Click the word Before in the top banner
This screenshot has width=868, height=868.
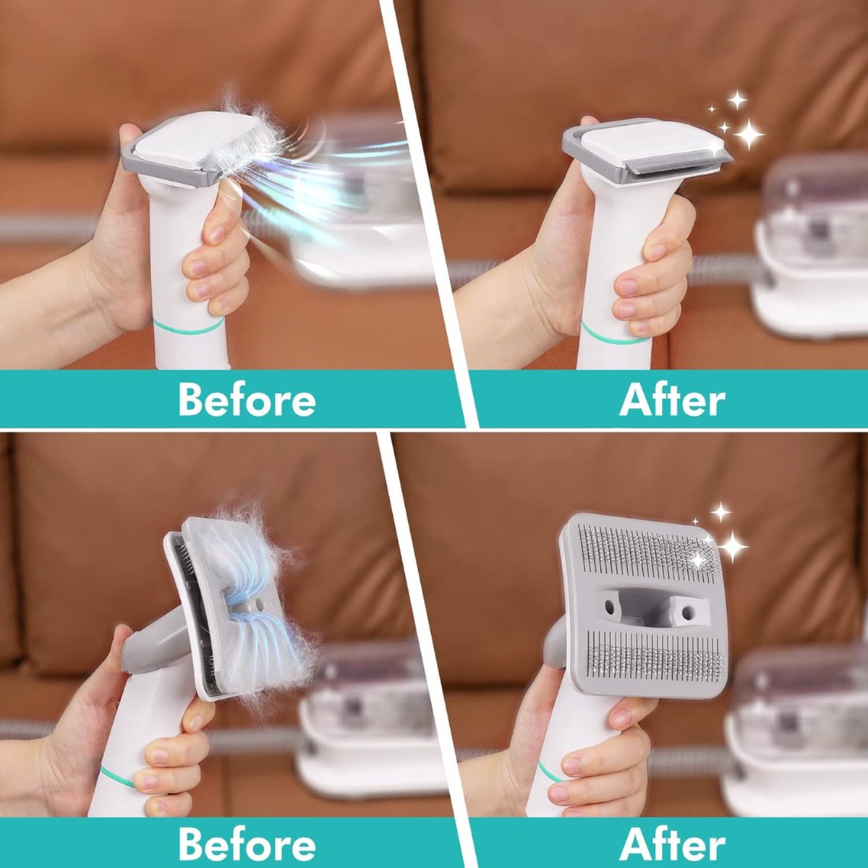click(x=247, y=399)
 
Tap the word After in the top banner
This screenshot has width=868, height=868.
click(x=672, y=399)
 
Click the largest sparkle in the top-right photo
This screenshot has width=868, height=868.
click(x=748, y=134)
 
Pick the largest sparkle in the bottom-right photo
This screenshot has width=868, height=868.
click(x=732, y=545)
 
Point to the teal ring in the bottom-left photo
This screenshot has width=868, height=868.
click(x=116, y=776)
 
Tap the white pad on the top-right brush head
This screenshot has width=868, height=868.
click(x=637, y=145)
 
